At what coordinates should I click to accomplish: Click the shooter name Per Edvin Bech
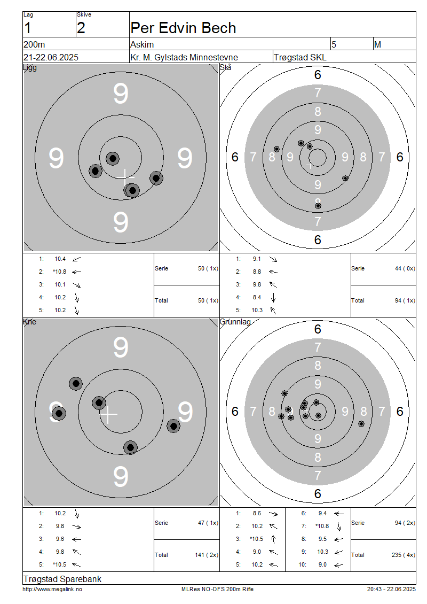[183, 28]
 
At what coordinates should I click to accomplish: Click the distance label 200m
[34, 45]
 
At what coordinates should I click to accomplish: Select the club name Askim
[142, 45]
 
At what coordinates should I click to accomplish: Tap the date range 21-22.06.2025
[51, 57]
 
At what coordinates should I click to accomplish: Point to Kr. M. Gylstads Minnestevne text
[184, 57]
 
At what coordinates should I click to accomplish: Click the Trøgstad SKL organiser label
[300, 57]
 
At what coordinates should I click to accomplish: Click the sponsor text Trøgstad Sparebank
[62, 579]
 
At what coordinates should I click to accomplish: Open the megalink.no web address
[52, 589]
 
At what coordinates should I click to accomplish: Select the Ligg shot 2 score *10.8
[60, 272]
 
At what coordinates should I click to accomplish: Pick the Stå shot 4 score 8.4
[257, 297]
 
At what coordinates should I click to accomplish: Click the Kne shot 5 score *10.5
[60, 564]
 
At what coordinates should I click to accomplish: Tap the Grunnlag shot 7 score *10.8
[322, 526]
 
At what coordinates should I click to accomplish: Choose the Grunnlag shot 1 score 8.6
[257, 513]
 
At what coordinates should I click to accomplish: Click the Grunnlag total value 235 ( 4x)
[403, 555]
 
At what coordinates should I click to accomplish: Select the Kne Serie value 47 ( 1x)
[208, 523]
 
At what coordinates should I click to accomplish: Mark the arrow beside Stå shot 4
[273, 297]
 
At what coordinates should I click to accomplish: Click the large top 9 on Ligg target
[121, 94]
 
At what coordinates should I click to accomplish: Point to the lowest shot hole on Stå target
[318, 206]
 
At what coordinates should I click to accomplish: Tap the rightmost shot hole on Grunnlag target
[361, 424]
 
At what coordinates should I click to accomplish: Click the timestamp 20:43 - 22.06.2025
[391, 589]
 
